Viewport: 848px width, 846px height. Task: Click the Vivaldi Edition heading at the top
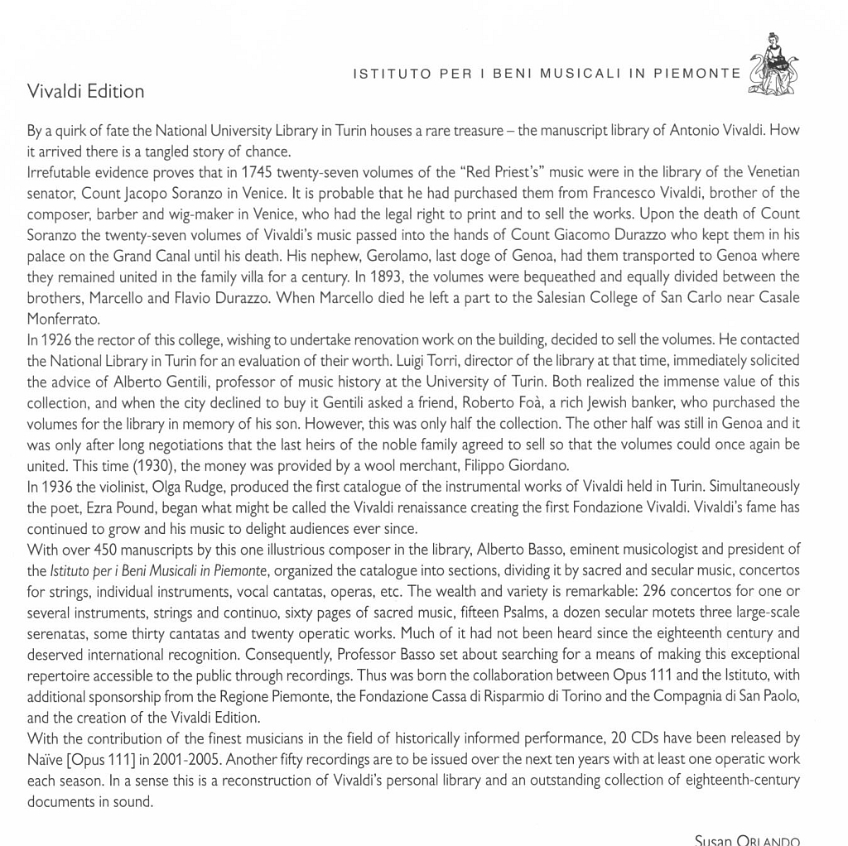click(85, 91)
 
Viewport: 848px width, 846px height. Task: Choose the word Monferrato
click(65, 318)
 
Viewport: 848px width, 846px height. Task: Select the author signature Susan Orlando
click(747, 840)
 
